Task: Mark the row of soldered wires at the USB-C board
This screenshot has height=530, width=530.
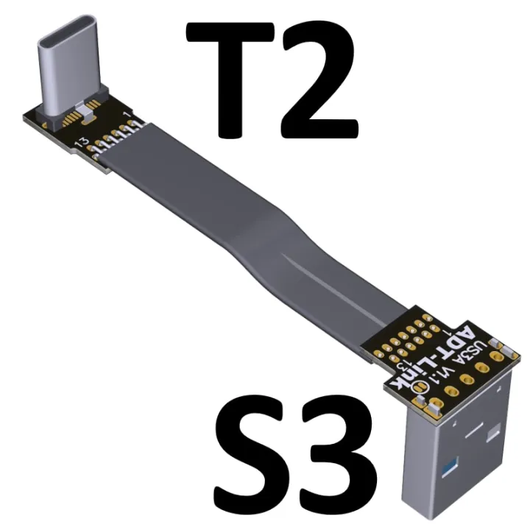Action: coord(118,140)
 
